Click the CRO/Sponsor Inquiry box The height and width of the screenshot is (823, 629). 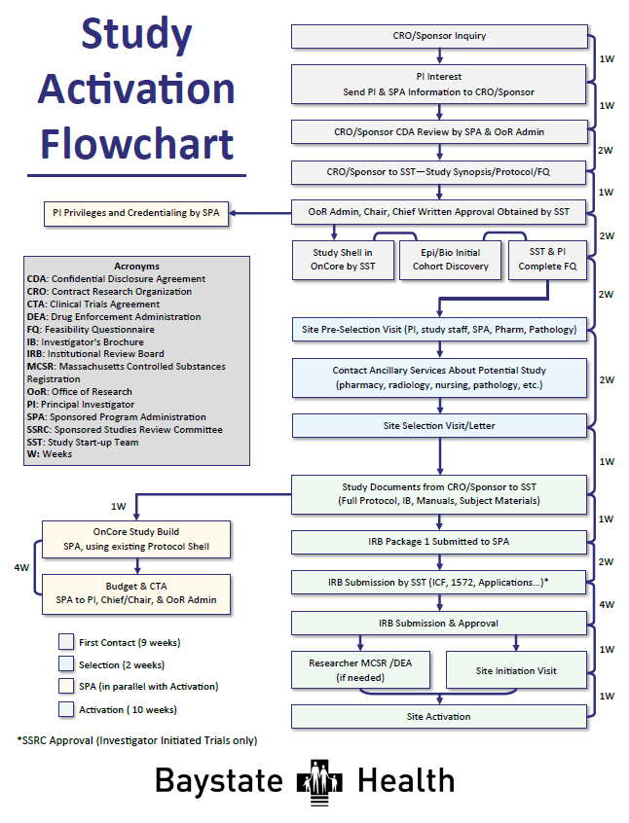(x=439, y=36)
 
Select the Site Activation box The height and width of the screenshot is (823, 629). (x=439, y=716)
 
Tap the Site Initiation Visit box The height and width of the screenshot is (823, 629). (x=516, y=670)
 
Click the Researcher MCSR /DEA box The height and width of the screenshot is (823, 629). (x=361, y=669)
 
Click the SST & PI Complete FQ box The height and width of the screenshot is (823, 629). (x=547, y=259)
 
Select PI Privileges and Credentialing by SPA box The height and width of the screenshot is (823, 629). (x=135, y=213)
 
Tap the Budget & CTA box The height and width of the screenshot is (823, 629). (x=135, y=593)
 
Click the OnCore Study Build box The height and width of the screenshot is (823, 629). (x=135, y=539)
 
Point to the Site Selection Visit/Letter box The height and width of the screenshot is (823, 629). (x=439, y=426)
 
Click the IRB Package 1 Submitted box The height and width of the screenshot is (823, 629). (x=439, y=541)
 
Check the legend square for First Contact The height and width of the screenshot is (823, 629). (x=66, y=642)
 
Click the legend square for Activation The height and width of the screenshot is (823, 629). (x=66, y=709)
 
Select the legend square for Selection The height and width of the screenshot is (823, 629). (x=66, y=664)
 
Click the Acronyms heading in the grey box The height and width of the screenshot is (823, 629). (x=135, y=266)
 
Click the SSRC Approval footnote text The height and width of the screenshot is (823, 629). (x=137, y=740)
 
